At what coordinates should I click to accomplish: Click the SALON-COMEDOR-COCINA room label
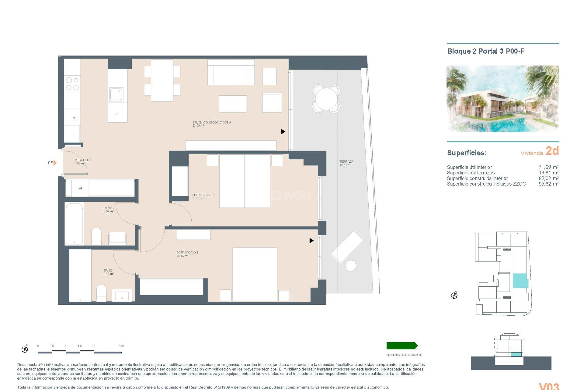[211, 123]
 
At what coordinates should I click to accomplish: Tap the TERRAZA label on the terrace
[346, 162]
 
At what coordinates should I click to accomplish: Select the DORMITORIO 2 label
[203, 195]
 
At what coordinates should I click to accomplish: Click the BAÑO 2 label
[109, 208]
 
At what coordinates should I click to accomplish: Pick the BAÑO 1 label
[109, 271]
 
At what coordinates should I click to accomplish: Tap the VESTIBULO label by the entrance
[83, 160]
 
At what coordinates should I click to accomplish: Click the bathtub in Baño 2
[75, 224]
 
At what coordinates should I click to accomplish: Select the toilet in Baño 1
[101, 293]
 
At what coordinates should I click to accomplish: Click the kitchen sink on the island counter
[116, 94]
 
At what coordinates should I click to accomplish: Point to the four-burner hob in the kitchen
[72, 84]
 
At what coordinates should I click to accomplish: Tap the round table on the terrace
[326, 98]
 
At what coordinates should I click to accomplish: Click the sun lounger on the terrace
[347, 247]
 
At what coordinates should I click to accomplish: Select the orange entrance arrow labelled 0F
[55, 163]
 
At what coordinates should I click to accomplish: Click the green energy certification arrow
[402, 346]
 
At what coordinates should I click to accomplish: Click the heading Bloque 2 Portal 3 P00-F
[485, 51]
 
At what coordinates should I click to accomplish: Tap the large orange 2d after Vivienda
[552, 151]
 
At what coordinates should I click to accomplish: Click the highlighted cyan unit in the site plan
[520, 281]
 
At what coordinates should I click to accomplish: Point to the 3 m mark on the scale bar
[121, 346]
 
